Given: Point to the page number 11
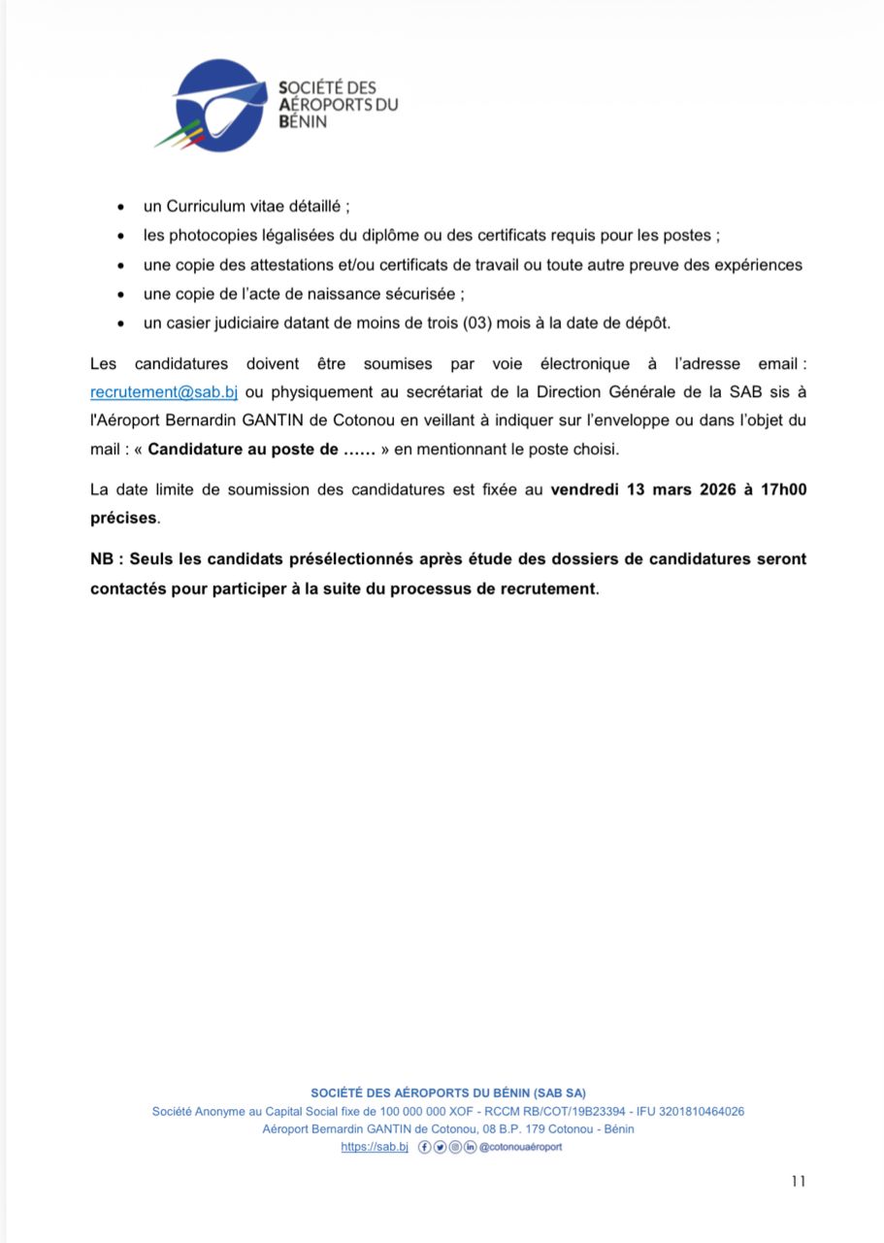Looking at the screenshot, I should click(x=798, y=1181).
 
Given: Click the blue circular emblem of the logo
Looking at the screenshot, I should click(x=221, y=105).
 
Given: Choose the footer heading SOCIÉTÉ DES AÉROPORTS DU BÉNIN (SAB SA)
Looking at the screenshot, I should click(x=448, y=1092).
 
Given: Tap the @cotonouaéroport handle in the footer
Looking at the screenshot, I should click(x=520, y=1147).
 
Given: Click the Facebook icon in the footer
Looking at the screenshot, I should click(x=424, y=1147).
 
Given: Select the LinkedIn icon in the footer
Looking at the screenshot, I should click(x=471, y=1147).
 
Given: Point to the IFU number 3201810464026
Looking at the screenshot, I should click(x=701, y=1111).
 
